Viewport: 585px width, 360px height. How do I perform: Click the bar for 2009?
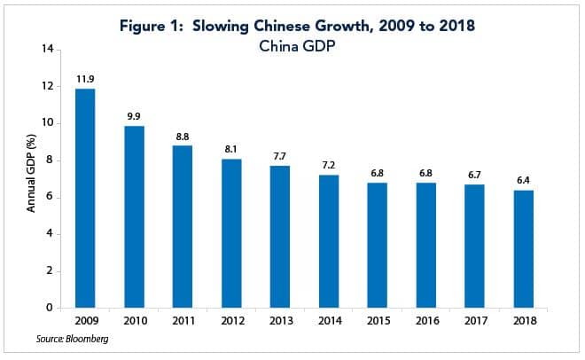click(x=85, y=199)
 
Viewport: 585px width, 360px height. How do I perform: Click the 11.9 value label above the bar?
click(x=85, y=79)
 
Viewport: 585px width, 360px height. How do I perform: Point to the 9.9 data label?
click(x=134, y=116)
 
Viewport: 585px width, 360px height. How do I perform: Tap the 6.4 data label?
click(x=523, y=180)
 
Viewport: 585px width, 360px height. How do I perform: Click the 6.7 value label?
click(x=474, y=175)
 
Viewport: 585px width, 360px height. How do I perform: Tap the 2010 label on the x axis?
click(x=134, y=319)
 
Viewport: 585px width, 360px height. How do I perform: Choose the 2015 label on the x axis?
click(x=377, y=319)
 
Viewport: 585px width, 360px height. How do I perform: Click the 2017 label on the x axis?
click(x=474, y=319)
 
